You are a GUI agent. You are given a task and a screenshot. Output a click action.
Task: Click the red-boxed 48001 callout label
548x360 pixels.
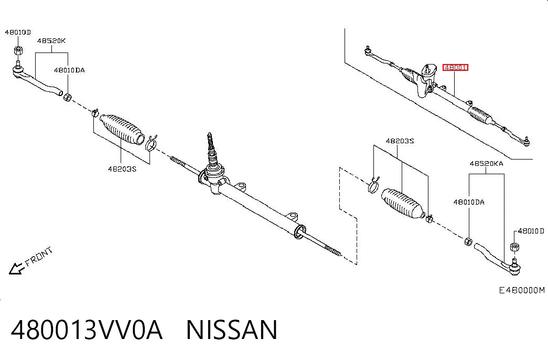455,67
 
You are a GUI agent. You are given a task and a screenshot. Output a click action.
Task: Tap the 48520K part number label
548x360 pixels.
51,40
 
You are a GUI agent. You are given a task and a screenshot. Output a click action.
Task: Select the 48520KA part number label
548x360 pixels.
486,163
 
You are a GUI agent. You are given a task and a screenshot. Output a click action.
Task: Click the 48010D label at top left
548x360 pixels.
18,32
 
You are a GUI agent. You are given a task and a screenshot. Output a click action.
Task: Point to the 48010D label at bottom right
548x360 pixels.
531,231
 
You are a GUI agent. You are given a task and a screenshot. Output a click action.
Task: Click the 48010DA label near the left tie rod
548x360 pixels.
69,70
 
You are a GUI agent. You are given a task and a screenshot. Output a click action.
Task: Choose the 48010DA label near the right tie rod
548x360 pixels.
469,202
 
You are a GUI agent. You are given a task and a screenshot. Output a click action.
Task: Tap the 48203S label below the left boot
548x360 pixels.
122,169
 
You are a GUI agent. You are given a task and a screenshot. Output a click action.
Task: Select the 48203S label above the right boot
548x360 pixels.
400,141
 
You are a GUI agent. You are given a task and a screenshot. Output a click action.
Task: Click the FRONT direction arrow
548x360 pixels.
16,268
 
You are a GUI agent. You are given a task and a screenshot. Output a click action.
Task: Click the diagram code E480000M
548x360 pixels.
521,290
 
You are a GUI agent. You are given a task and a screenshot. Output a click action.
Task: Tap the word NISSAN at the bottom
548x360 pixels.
232,330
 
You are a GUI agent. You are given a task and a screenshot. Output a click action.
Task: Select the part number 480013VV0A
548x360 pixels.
87,330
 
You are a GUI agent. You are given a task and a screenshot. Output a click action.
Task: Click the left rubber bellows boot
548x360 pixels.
122,129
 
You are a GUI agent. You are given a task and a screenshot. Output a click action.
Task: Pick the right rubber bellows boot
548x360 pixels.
403,204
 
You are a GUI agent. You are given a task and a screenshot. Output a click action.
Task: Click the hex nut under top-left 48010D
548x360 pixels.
18,50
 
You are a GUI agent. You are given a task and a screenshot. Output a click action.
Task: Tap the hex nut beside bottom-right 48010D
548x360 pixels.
514,246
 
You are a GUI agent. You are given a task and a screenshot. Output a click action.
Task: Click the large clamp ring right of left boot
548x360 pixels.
151,143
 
